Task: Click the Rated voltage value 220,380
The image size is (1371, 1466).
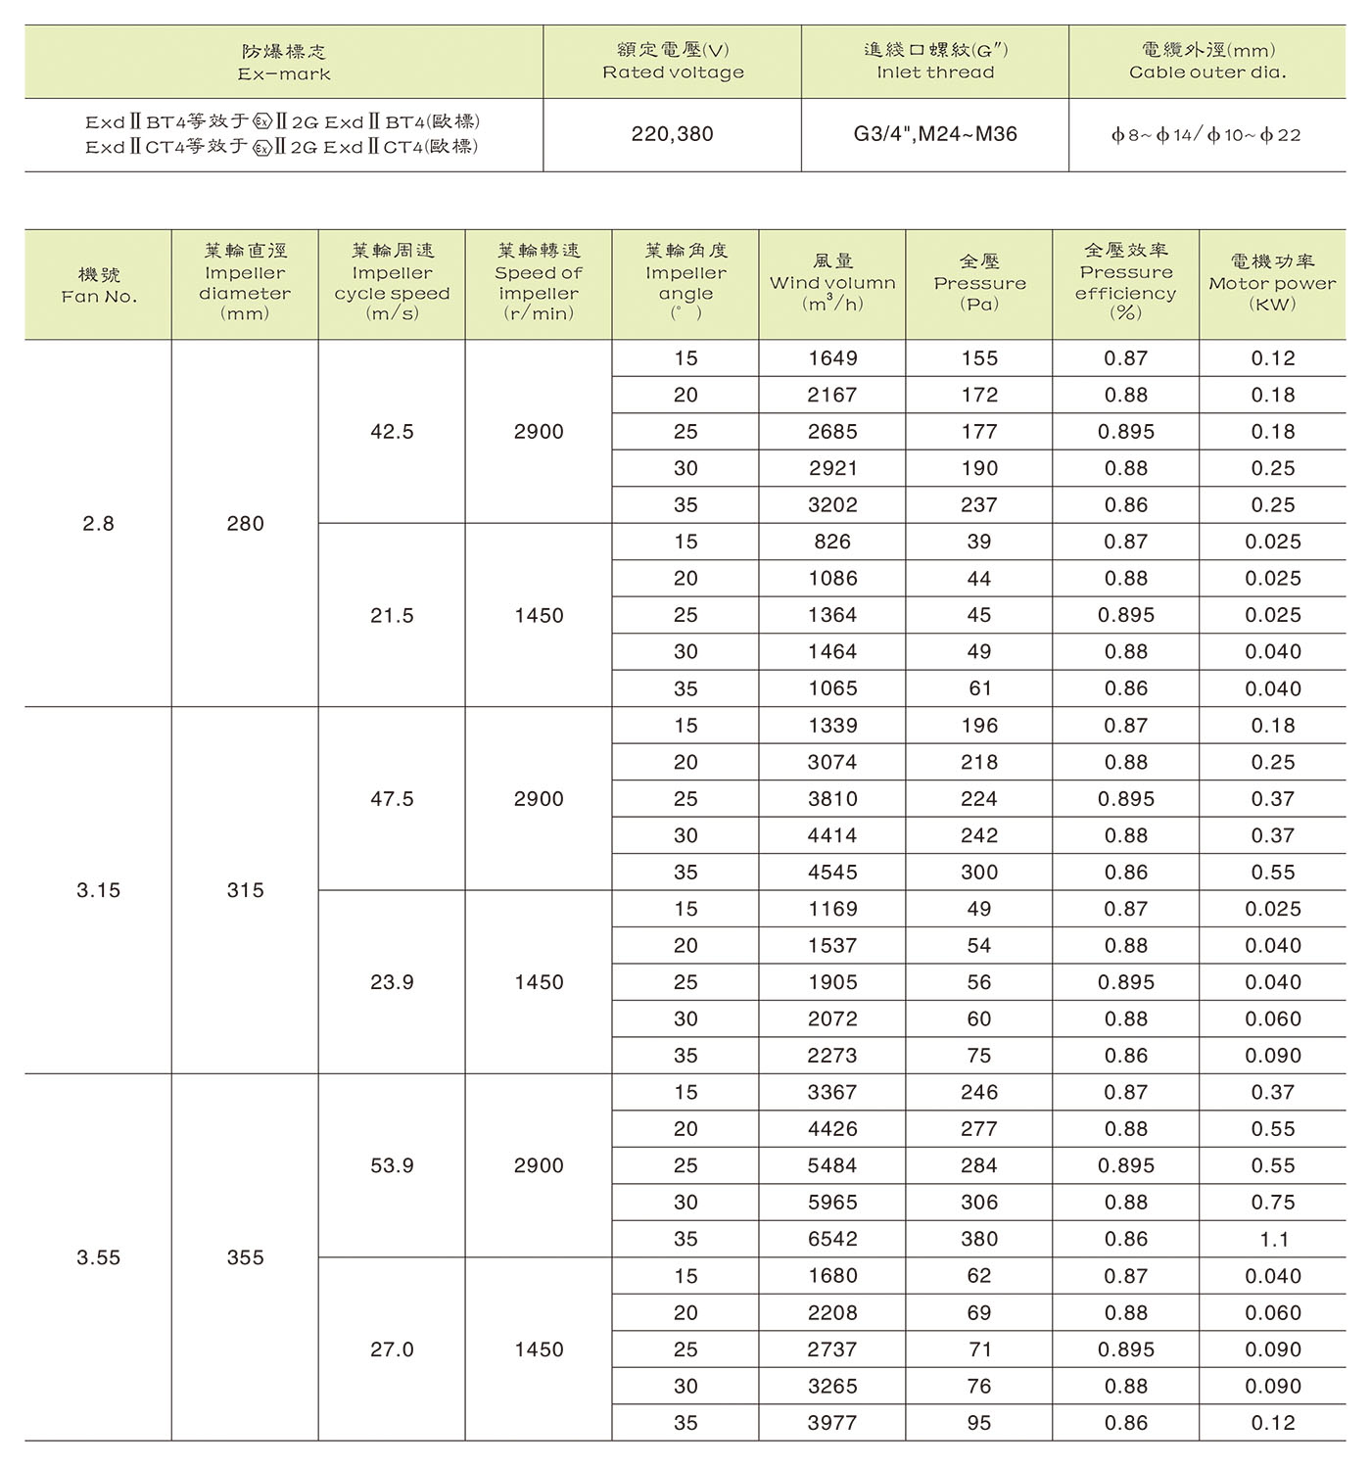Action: point(672,134)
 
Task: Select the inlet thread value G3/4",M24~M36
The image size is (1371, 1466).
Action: point(935,134)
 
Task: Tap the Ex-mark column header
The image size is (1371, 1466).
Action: point(284,62)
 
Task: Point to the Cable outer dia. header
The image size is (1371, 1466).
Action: point(1207,61)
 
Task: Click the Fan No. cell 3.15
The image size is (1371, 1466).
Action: point(98,890)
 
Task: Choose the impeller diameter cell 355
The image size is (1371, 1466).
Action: point(245,1257)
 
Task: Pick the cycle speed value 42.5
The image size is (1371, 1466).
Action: point(392,432)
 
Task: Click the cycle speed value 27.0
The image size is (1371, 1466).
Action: point(392,1349)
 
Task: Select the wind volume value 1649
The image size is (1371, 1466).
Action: point(832,358)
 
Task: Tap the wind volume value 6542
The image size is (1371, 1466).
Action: point(832,1239)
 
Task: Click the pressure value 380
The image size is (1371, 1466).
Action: point(979,1239)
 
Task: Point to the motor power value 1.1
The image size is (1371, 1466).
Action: point(1273,1240)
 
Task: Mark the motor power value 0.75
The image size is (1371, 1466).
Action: point(1273,1203)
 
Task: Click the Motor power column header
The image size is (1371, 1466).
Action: point(1272,283)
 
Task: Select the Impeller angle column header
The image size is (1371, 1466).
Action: point(685,282)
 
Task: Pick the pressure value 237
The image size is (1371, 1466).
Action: point(979,505)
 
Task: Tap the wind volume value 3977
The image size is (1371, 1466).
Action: point(832,1423)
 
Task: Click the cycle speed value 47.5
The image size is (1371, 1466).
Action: point(392,799)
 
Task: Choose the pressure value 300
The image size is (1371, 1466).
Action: point(979,873)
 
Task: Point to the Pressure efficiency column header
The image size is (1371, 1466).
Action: point(1126,282)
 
